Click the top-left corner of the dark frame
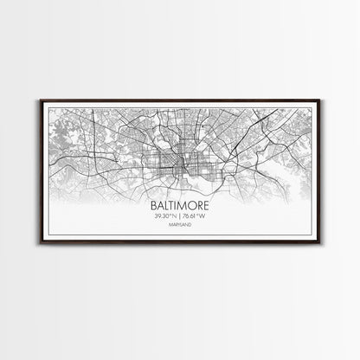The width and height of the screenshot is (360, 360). (38, 101)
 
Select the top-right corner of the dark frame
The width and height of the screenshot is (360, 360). (322, 101)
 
